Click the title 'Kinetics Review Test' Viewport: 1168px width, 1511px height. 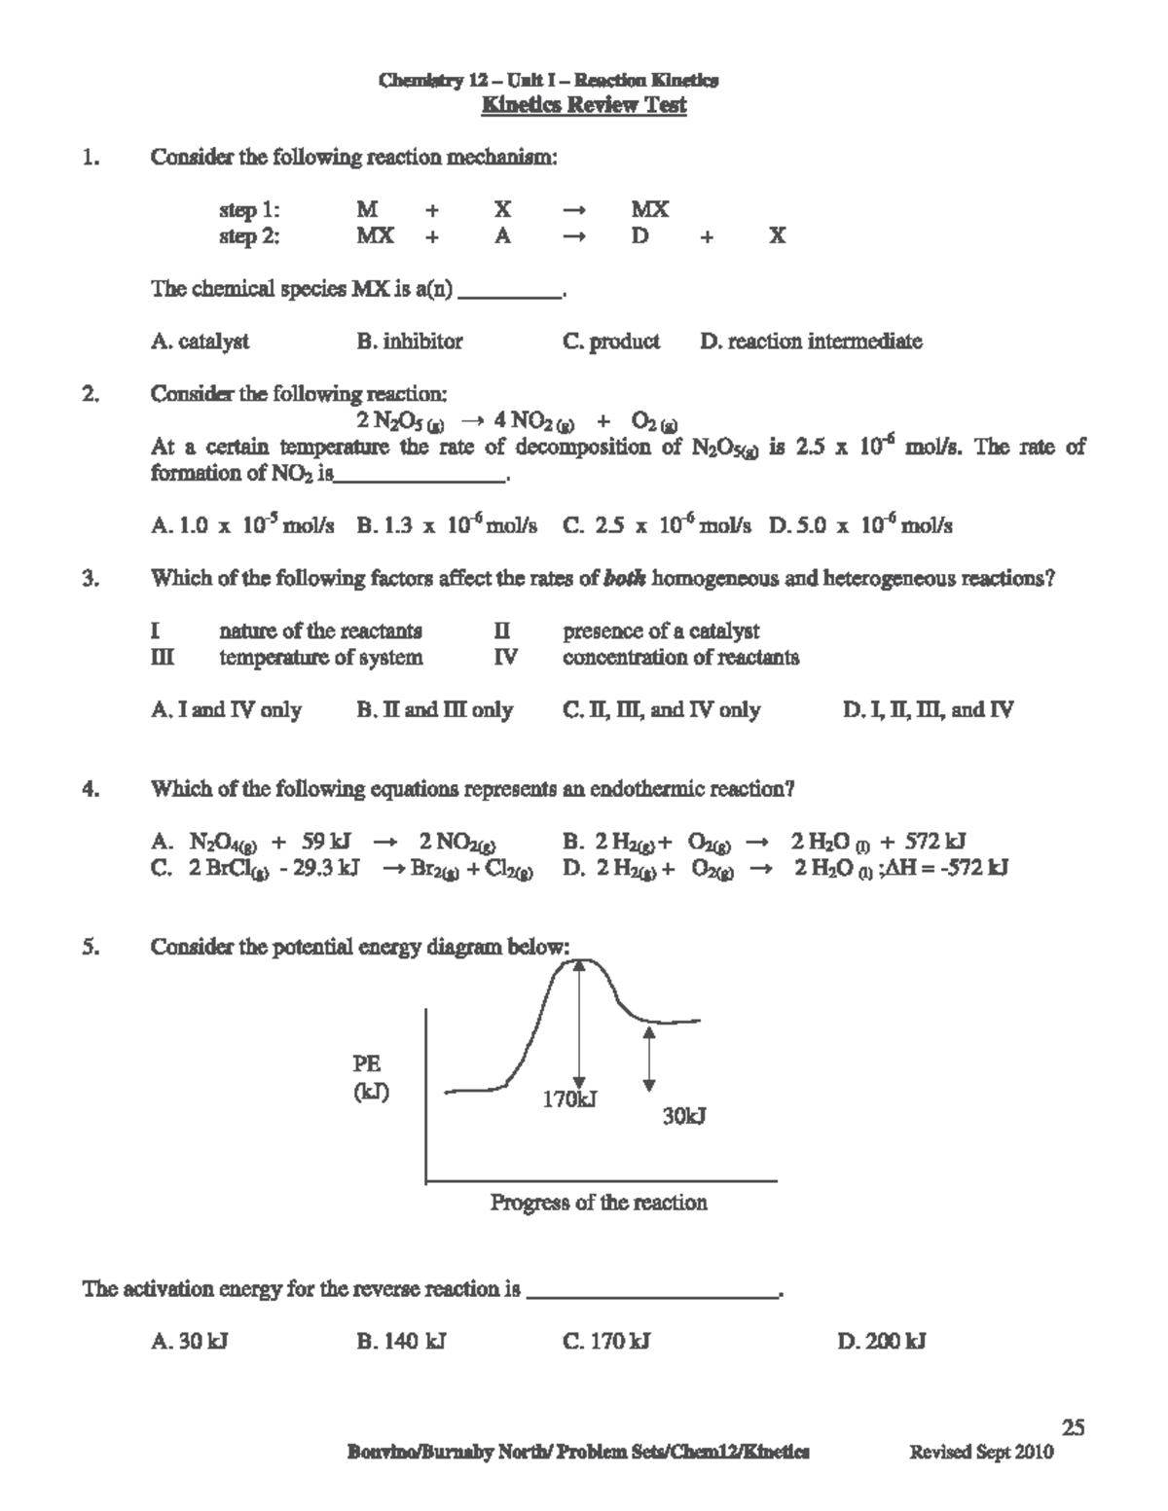point(584,105)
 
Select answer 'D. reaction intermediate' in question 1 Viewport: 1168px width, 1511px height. point(811,342)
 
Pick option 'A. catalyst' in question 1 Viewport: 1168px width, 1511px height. point(200,342)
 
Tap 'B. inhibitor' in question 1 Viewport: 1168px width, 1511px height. point(410,342)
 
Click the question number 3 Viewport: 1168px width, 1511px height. point(90,579)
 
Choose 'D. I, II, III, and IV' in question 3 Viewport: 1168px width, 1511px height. point(928,710)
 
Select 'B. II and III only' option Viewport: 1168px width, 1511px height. point(435,710)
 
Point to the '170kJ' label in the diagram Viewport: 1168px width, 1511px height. point(569,1099)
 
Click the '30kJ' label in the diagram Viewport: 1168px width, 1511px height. point(684,1117)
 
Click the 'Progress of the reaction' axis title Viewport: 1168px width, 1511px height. point(599,1203)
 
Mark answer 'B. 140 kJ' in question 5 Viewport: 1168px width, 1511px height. point(401,1342)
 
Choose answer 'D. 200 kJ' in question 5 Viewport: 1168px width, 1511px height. point(881,1342)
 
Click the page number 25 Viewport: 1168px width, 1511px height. point(1073,1427)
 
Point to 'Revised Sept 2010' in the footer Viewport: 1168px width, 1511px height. point(981,1453)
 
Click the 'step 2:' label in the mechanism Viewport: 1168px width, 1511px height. point(249,236)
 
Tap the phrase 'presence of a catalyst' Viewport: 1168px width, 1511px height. point(661,631)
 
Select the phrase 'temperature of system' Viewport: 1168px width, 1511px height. point(321,658)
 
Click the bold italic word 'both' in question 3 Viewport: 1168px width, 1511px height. point(618,579)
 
